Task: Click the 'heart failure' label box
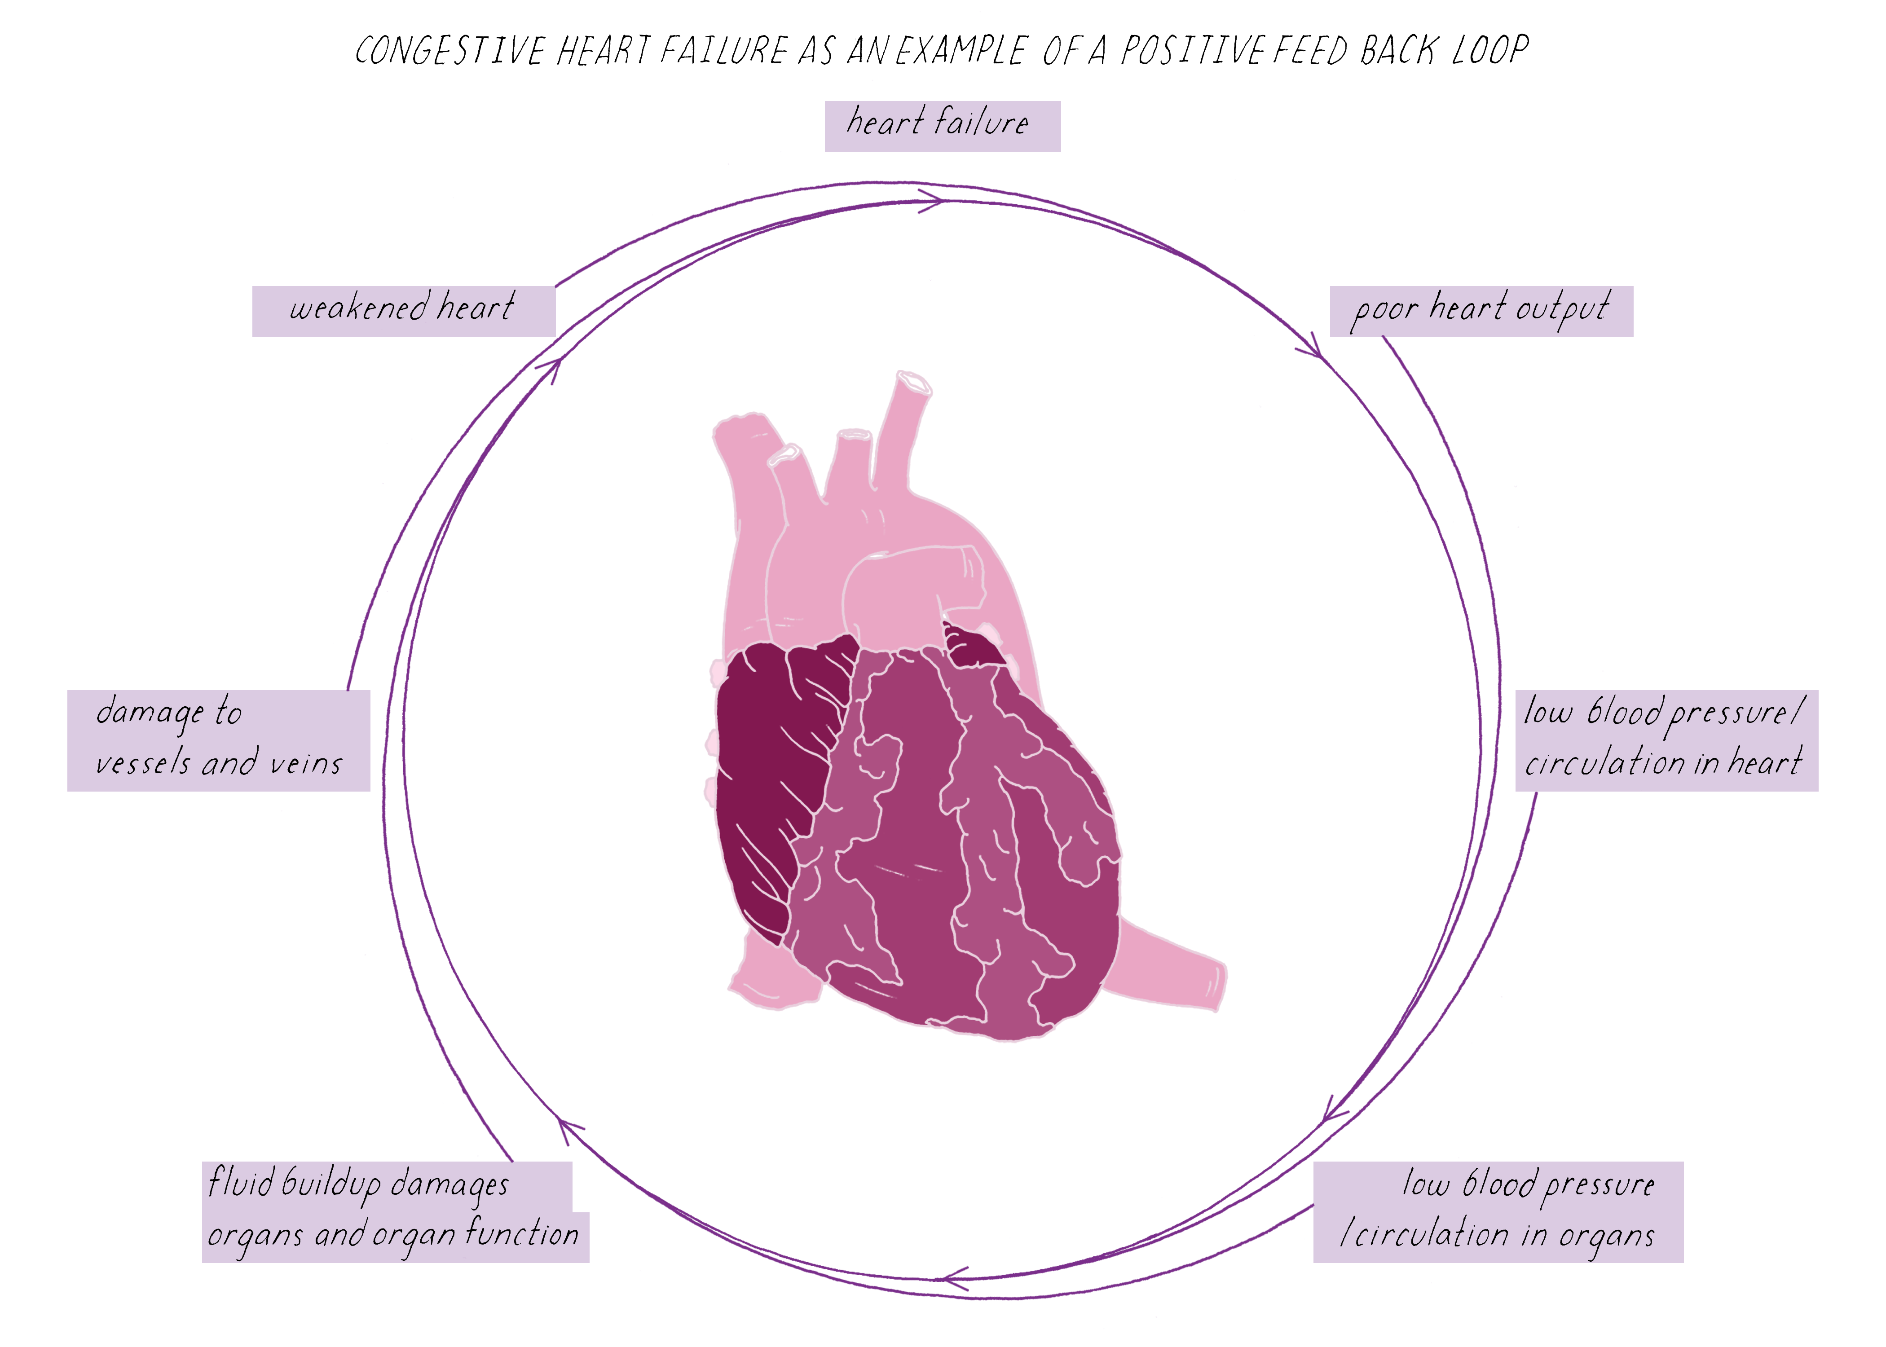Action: [942, 126]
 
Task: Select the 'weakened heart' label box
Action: [403, 311]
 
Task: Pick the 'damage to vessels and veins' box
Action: [218, 740]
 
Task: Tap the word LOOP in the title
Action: [1490, 50]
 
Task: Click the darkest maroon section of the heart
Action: [771, 788]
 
